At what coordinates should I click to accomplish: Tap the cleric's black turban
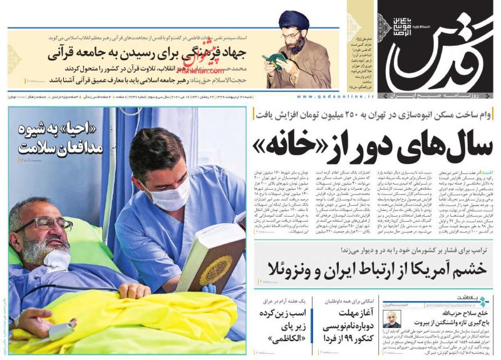pyautogui.click(x=294, y=21)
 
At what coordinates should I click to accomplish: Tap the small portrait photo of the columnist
pyautogui.click(x=392, y=319)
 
